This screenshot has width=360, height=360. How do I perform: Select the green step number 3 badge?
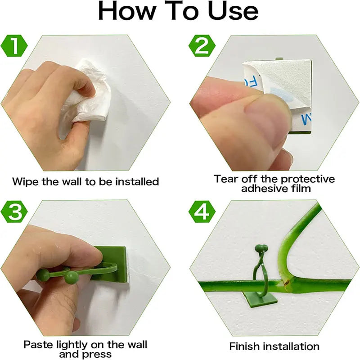[x=15, y=212]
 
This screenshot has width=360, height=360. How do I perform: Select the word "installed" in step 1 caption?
[x=138, y=182]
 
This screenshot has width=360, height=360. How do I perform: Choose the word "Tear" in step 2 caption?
[x=225, y=179]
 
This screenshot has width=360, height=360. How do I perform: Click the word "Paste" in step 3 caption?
[x=37, y=345]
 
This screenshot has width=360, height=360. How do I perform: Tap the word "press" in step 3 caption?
[x=98, y=355]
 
